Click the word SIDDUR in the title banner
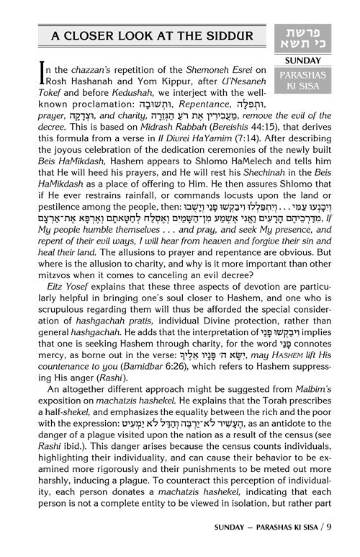226,37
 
